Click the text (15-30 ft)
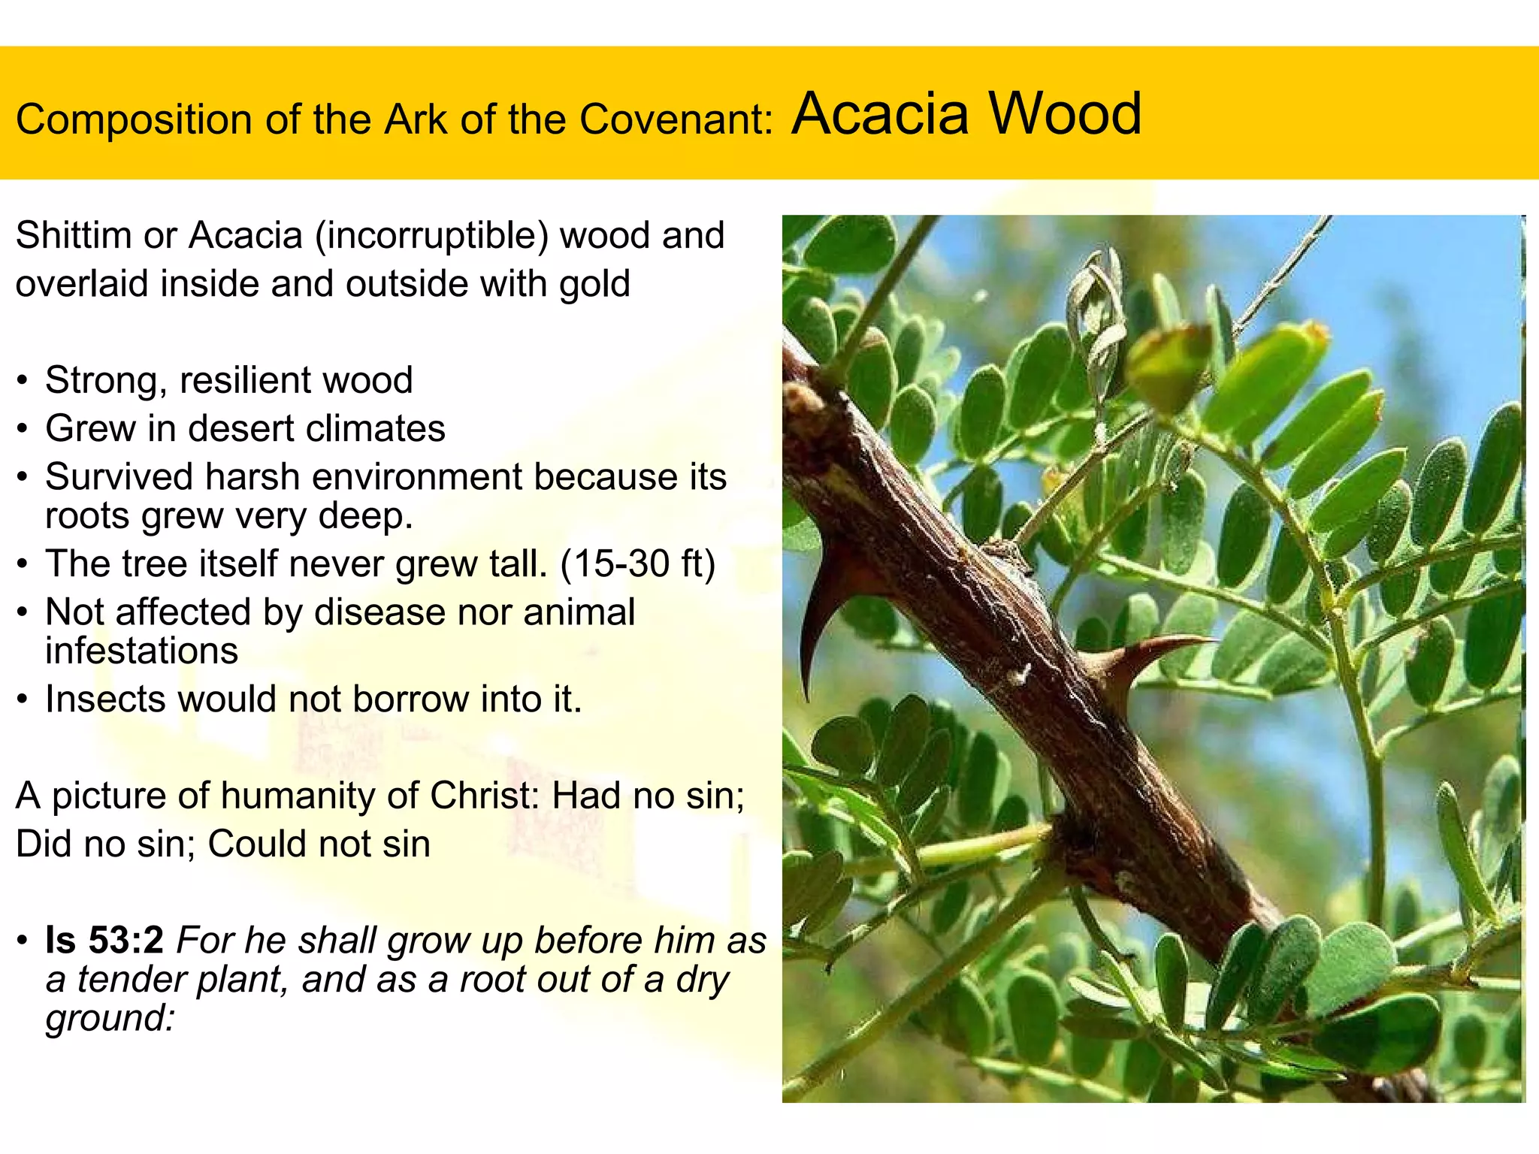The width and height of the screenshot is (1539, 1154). pos(637,563)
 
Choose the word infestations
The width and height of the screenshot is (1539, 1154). pos(141,651)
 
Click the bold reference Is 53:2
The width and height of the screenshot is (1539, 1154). pos(104,941)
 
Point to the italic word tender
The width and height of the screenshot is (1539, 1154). pos(131,980)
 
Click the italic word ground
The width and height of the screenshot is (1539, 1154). pos(110,1020)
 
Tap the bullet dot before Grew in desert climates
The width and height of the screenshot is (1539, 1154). pos(24,430)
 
